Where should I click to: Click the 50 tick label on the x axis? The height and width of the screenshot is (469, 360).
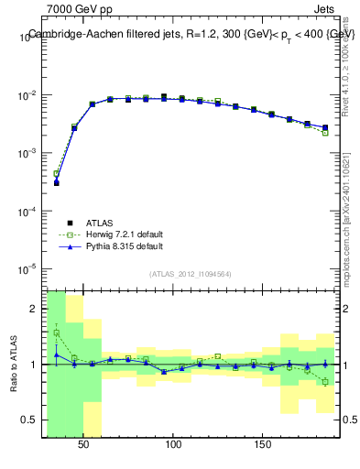(x=84, y=444)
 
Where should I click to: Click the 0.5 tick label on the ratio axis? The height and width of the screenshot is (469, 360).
(x=29, y=420)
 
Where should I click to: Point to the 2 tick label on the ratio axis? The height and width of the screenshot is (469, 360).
(x=34, y=309)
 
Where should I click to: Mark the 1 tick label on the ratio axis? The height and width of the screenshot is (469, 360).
(x=34, y=365)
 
